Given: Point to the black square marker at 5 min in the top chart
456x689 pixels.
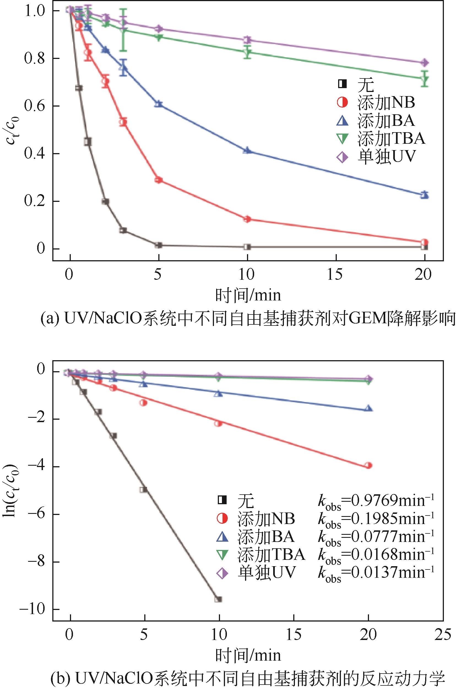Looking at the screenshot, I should [159, 245].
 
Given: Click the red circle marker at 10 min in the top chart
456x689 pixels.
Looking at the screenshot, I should [247, 219].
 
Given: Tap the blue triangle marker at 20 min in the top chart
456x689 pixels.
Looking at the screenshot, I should [425, 195].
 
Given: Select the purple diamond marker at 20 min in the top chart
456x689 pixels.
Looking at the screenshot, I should [425, 63].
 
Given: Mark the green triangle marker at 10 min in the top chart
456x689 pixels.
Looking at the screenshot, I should [248, 52].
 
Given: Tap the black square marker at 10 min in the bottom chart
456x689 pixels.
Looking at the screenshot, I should [219, 599].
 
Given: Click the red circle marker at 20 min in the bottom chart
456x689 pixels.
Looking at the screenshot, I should [368, 465].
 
